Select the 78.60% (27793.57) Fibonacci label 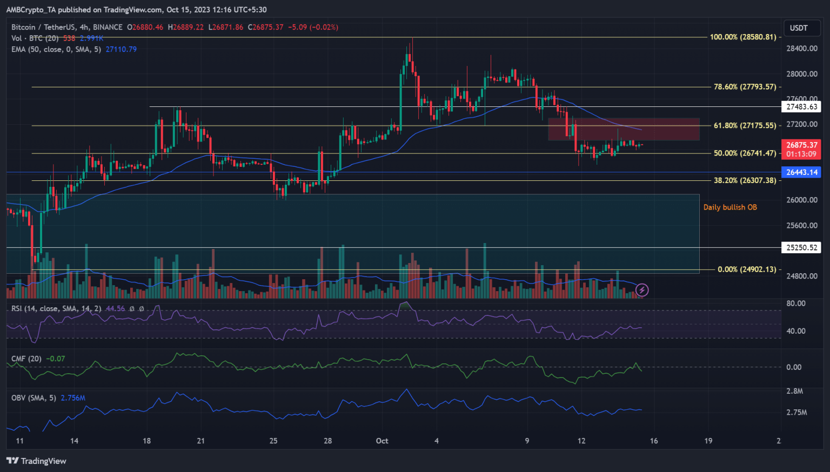[x=745, y=87]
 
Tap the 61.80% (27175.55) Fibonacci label [x=745, y=126]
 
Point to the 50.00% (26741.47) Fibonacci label [x=745, y=153]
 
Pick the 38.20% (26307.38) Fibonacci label [x=745, y=180]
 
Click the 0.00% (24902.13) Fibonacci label [x=746, y=269]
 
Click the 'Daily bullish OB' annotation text [x=730, y=207]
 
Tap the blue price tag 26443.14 [x=801, y=172]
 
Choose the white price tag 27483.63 [x=801, y=107]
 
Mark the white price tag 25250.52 [x=801, y=248]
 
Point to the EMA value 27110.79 [x=121, y=49]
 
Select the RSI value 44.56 [x=115, y=309]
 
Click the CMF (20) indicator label [x=26, y=359]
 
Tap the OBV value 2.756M [x=73, y=398]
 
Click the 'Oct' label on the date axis [x=382, y=441]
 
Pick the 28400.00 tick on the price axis [x=801, y=49]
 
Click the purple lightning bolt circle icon [x=642, y=290]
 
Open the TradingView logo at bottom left [x=36, y=461]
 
